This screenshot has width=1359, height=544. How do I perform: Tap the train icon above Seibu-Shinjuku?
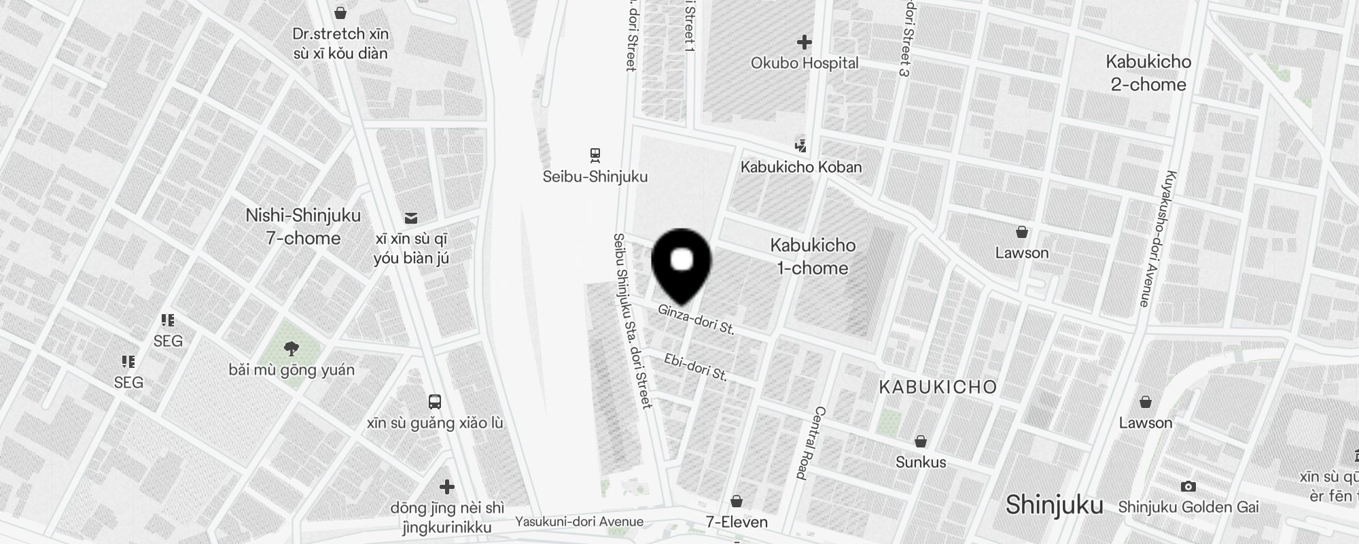tap(595, 155)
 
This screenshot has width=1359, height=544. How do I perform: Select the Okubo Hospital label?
tap(805, 63)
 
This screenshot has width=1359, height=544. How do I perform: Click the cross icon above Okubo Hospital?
tap(805, 42)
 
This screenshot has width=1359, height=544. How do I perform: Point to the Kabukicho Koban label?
tap(801, 167)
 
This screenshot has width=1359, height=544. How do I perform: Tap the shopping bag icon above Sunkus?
tap(921, 441)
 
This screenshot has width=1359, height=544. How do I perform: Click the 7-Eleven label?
tap(737, 522)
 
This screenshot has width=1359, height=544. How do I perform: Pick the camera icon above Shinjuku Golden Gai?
tap(1188, 486)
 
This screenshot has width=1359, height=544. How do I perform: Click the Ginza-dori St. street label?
tap(696, 320)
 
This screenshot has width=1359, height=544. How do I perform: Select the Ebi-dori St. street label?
tap(696, 367)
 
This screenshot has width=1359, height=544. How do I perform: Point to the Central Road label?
tap(811, 443)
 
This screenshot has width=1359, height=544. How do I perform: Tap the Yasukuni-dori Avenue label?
tap(579, 522)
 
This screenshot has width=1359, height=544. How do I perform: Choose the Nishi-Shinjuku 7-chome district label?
tap(303, 226)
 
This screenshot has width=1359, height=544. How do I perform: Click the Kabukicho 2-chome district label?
tap(1148, 73)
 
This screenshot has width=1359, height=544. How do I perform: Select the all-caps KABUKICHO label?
tap(938, 388)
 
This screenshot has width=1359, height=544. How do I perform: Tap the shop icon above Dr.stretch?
tap(340, 13)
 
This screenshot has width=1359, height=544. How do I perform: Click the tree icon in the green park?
tap(292, 350)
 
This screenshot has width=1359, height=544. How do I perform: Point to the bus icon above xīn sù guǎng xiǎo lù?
tap(435, 402)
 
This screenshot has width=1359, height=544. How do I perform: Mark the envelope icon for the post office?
tap(411, 218)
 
